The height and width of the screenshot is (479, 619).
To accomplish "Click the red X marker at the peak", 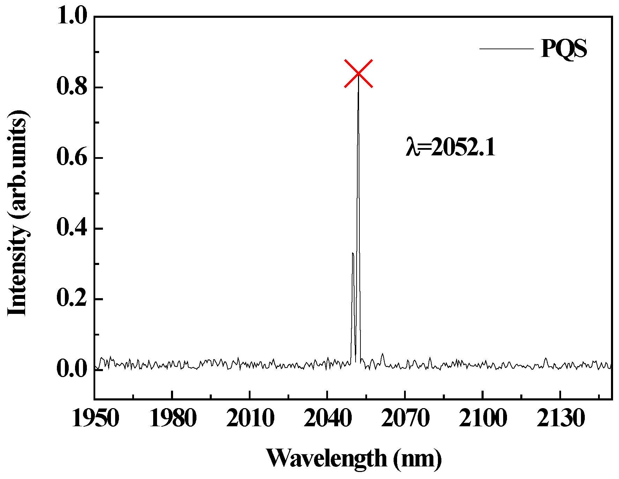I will (x=358, y=74).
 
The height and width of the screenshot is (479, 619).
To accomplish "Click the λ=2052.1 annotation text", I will (x=450, y=147).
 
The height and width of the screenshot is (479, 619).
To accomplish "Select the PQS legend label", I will (x=564, y=49).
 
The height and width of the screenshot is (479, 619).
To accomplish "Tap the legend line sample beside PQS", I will (x=506, y=49).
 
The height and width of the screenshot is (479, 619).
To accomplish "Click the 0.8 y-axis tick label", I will (x=72, y=87).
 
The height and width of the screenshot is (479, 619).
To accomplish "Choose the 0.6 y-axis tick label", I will (x=72, y=157).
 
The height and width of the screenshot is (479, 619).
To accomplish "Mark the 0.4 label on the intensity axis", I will (x=72, y=228).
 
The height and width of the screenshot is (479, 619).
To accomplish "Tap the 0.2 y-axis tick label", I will (x=72, y=299).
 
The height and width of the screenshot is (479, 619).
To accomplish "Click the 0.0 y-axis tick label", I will (x=72, y=369).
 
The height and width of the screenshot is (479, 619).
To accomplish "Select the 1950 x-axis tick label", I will (x=95, y=418).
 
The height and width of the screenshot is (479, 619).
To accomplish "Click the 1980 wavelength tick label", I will (x=173, y=418).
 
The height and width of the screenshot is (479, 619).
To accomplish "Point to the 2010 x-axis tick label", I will (x=250, y=418).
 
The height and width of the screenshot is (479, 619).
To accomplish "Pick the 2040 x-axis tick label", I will (x=327, y=418).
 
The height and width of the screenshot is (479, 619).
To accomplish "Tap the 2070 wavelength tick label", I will (x=405, y=418).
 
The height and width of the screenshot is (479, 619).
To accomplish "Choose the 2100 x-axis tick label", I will (x=482, y=418).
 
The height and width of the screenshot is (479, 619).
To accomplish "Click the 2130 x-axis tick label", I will (x=560, y=418).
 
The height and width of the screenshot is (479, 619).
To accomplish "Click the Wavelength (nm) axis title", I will (x=353, y=458).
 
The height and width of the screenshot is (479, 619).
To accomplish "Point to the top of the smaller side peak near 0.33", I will (x=353, y=253).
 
